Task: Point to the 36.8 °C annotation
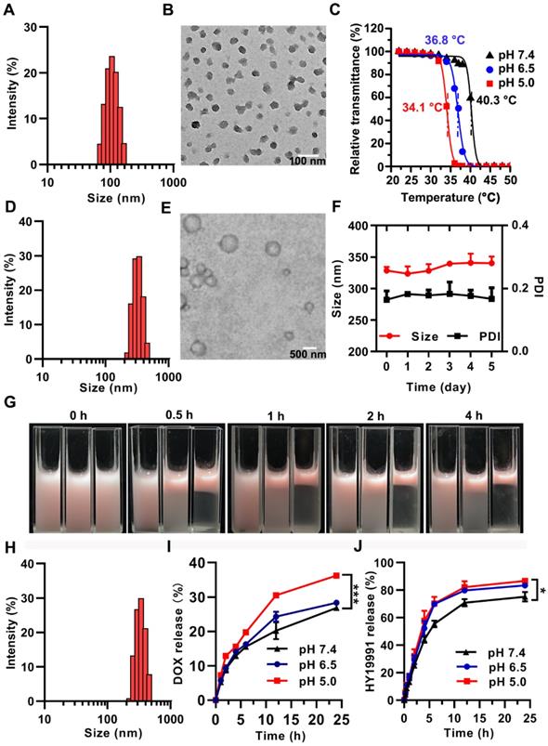(x=447, y=41)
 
